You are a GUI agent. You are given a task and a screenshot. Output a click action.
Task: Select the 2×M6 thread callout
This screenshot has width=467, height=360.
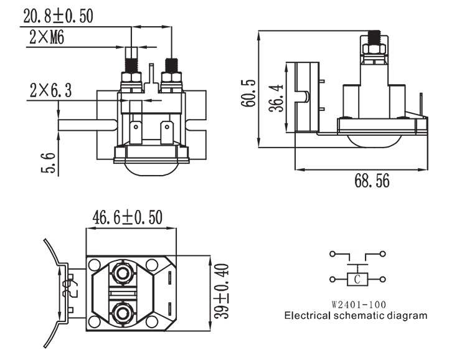coord(47,39)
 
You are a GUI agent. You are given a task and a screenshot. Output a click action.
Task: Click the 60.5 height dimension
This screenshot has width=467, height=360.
coord(248,93)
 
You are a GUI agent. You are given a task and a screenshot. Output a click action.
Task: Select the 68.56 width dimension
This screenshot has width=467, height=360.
coord(372,181)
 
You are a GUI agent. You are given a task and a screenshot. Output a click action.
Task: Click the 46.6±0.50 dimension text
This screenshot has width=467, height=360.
coord(127,217)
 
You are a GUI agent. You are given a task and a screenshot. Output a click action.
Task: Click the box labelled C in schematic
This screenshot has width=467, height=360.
coord(357,279)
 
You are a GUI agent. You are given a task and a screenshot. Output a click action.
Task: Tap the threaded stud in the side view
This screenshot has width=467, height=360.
coord(375,39)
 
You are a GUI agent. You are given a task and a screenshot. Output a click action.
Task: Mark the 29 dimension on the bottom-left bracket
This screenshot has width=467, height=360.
coord(71,288)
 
